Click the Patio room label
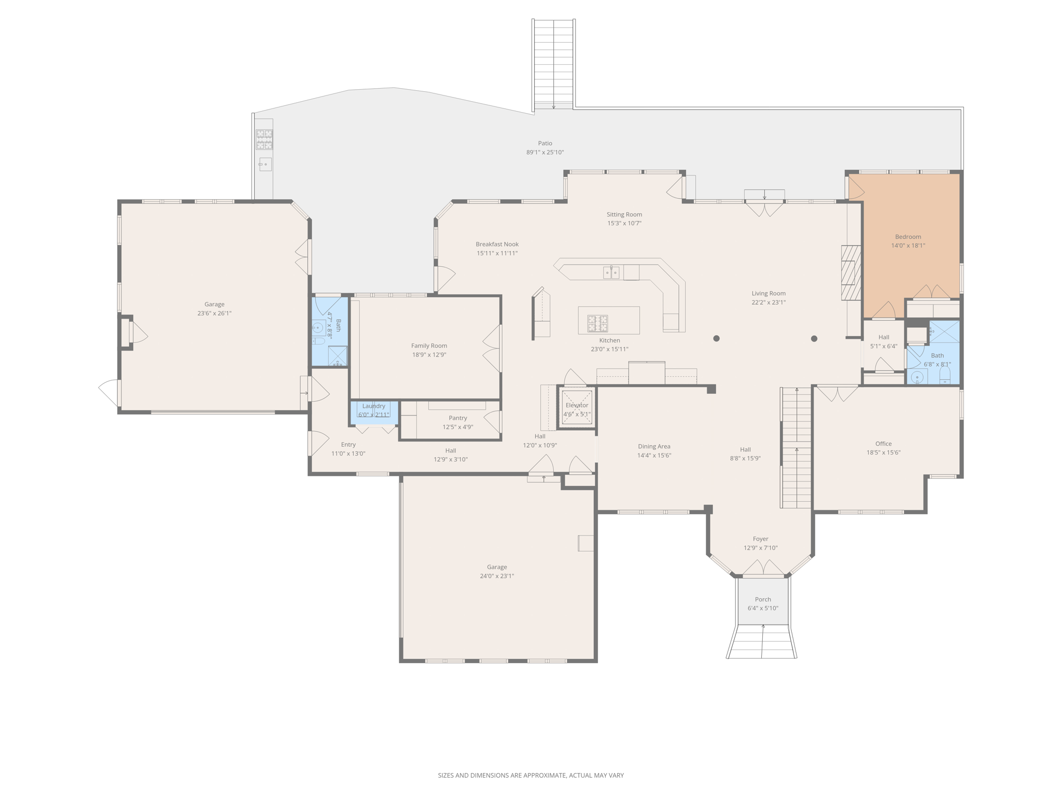pyautogui.click(x=545, y=143)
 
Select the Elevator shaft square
pyautogui.click(x=577, y=408)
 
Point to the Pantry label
pyautogui.click(x=458, y=418)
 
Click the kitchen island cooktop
pyautogui.click(x=597, y=324)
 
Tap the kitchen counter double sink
pyautogui.click(x=611, y=272)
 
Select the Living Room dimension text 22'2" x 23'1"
pyautogui.click(x=768, y=303)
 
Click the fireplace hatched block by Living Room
pyautogui.click(x=851, y=273)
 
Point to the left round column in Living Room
pyautogui.click(x=716, y=338)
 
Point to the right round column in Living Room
pyautogui.click(x=814, y=339)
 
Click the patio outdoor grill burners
pyautogui.click(x=264, y=140)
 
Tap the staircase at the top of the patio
pyautogui.click(x=553, y=64)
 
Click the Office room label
pyautogui.click(x=884, y=444)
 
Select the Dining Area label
pyautogui.click(x=654, y=446)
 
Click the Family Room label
pyautogui.click(x=429, y=346)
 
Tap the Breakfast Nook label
pyautogui.click(x=497, y=244)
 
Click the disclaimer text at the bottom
pyautogui.click(x=531, y=775)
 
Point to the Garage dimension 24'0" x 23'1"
pyautogui.click(x=497, y=576)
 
